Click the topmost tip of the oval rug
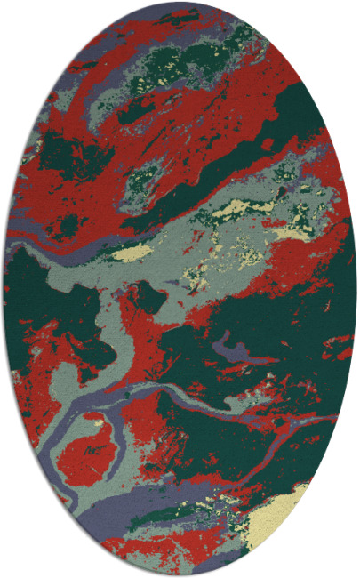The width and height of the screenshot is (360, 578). pos(180,3)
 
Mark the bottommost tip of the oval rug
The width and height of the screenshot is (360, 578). pos(180,575)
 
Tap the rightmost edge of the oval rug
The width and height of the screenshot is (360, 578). pos(356,289)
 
